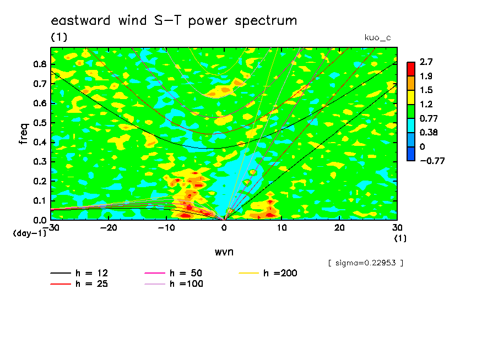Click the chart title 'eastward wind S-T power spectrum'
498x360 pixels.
(174, 21)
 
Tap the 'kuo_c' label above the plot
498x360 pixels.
(377, 38)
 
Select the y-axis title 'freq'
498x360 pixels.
(24, 134)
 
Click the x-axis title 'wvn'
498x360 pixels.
(224, 252)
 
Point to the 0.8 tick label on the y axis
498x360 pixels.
(40, 64)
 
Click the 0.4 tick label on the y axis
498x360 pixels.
(40, 142)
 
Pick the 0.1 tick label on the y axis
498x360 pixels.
(40, 201)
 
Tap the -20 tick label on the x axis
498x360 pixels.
(109, 228)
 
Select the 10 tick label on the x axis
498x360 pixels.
(282, 228)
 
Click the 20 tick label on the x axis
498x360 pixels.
(339, 228)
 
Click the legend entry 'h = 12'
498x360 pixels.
(79, 273)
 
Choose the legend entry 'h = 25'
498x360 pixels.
(79, 284)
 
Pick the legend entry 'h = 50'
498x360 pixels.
(174, 273)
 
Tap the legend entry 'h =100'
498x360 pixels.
(174, 284)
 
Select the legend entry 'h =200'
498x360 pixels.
(268, 273)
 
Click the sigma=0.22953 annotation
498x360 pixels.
(366, 263)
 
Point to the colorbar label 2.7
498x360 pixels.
(426, 62)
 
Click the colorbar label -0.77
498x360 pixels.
(432, 161)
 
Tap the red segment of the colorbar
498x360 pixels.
(411, 69)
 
